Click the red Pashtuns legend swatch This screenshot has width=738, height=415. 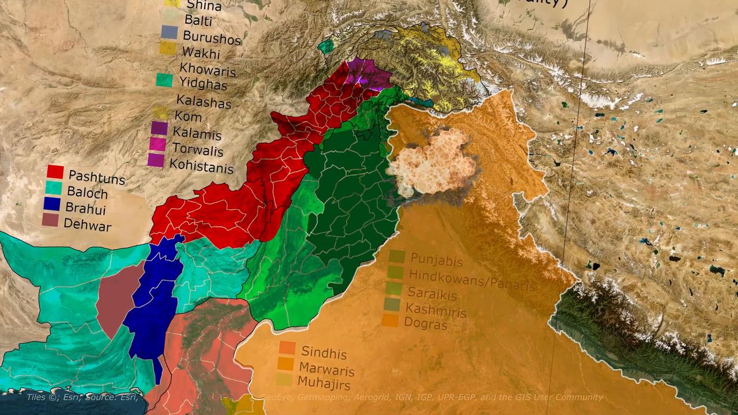click(55, 172)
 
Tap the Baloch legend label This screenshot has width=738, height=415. click(87, 191)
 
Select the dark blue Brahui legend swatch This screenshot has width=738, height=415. click(52, 203)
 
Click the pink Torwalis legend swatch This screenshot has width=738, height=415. click(158, 145)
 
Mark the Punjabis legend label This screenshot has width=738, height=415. click(436, 261)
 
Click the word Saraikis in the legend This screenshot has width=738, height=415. click(432, 294)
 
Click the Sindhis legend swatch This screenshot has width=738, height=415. click(287, 348)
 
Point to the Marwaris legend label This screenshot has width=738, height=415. click(327, 369)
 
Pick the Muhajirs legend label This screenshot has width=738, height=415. click(324, 382)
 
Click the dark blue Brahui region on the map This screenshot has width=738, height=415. click(153, 300)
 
